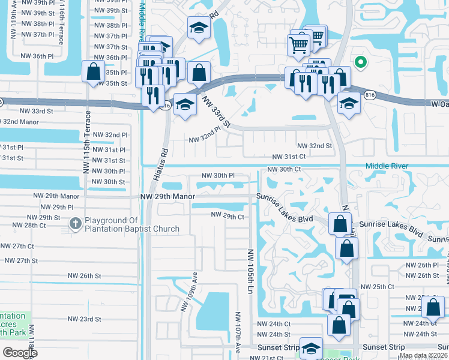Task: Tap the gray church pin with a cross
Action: (75, 224)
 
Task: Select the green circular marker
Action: (360, 61)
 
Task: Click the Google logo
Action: (20, 353)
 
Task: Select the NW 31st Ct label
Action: (289, 157)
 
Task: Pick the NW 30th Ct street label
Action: (283, 169)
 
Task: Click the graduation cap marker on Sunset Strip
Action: (311, 349)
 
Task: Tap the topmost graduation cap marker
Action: (198, 27)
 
